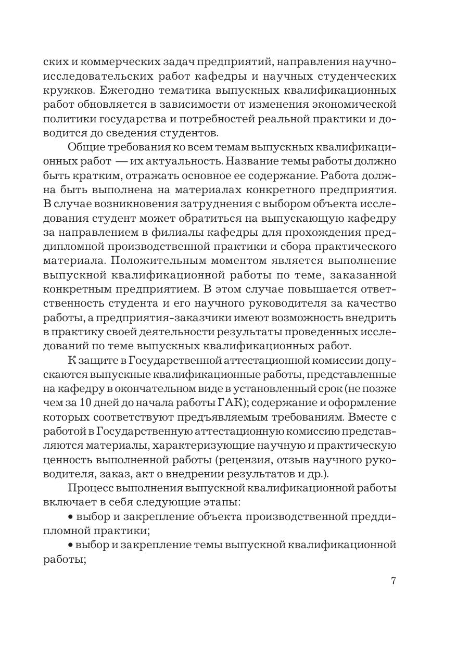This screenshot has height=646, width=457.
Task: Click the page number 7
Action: click(x=393, y=581)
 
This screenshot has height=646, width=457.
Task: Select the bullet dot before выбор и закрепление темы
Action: click(x=70, y=545)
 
